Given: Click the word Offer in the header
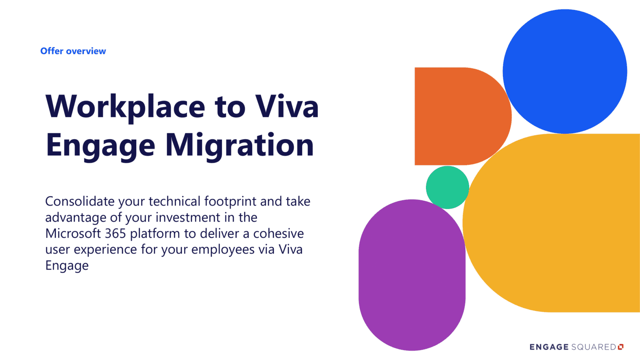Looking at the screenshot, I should pyautogui.click(x=52, y=51).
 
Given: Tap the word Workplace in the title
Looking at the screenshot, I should pyautogui.click(x=125, y=107).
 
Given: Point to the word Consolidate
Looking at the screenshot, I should pyautogui.click(x=80, y=201).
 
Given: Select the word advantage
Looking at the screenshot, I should pyautogui.click(x=76, y=217).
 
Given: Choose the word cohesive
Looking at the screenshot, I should pyautogui.click(x=278, y=233).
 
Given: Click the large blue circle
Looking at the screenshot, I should pyautogui.click(x=565, y=71).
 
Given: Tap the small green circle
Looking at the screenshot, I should pyautogui.click(x=447, y=187).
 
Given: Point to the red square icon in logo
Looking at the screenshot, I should pyautogui.click(x=621, y=347).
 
